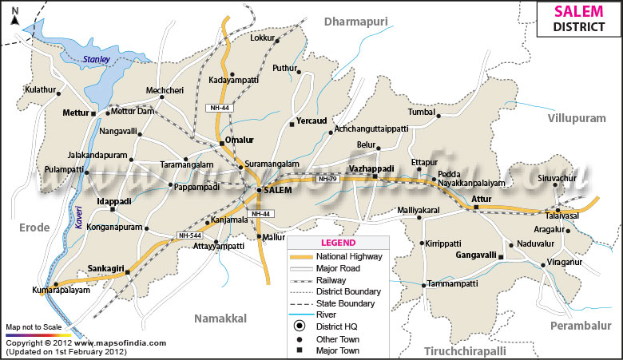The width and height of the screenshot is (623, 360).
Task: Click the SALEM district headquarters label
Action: point(277,191)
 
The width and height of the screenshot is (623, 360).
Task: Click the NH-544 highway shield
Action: point(188,235)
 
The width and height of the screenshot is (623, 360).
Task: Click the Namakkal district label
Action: point(221,318)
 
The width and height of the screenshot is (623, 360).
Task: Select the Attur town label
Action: point(482,197)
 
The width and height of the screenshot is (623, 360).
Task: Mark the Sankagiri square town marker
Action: point(127,273)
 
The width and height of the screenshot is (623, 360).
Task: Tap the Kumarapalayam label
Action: point(61,291)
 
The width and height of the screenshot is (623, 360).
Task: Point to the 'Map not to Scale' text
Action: point(34,327)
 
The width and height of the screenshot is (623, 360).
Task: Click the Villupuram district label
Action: point(577,118)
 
